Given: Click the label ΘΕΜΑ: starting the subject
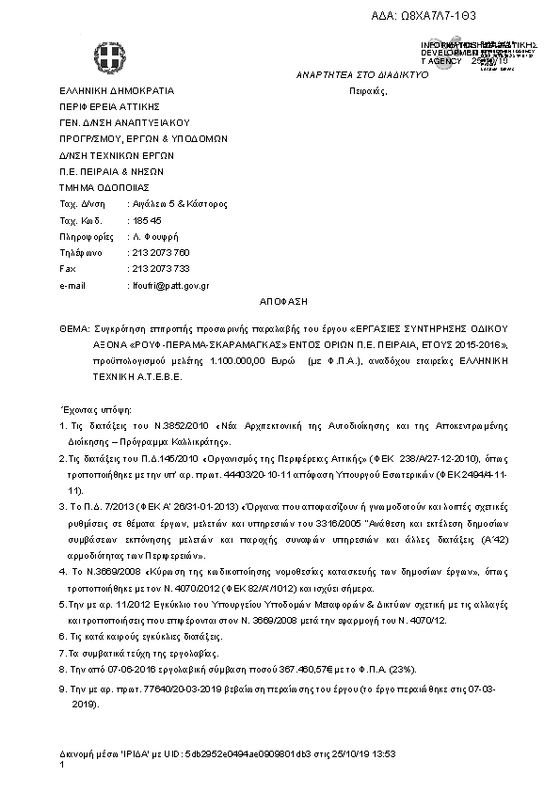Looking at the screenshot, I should [x=73, y=330].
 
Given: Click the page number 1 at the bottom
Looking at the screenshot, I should [x=61, y=765].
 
